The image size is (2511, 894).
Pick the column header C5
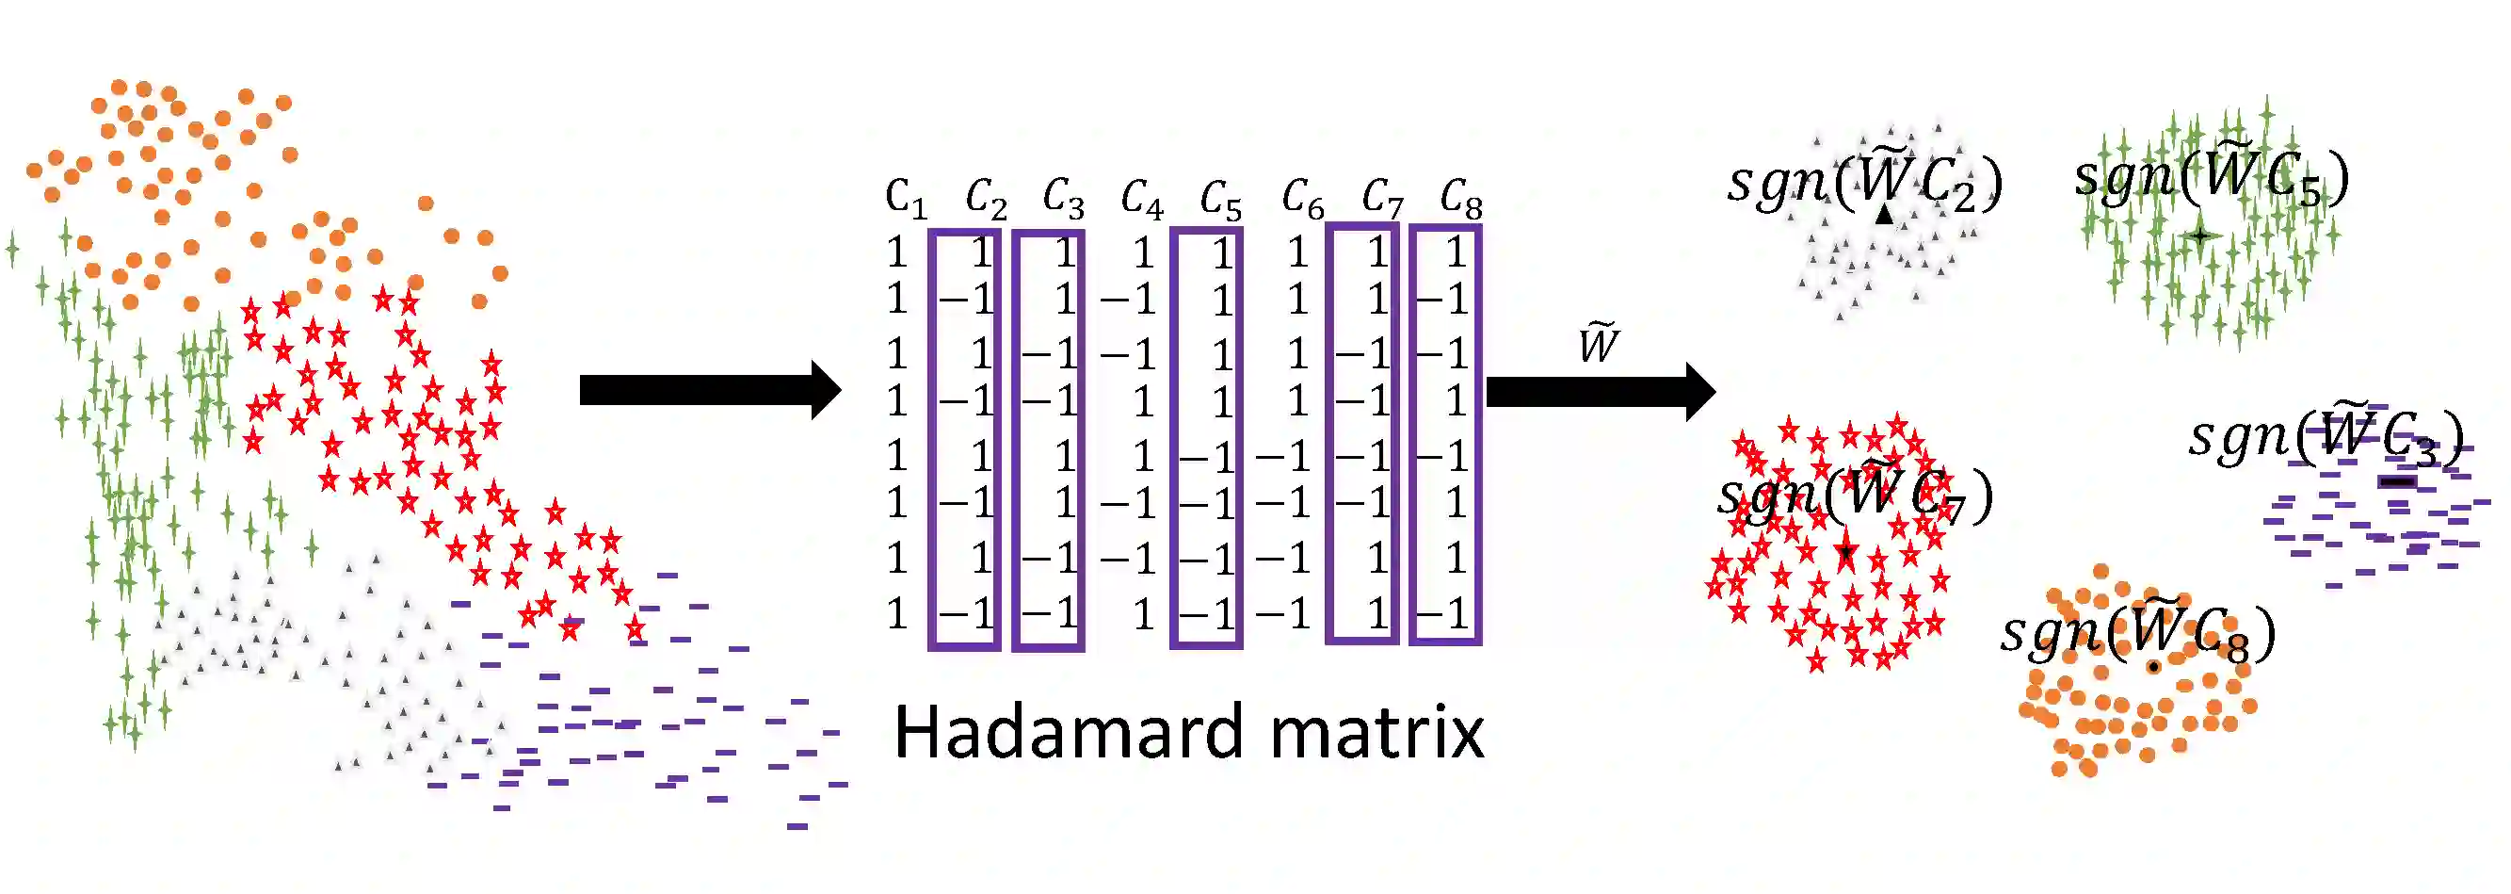[x=1220, y=200]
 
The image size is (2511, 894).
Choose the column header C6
[x=1302, y=200]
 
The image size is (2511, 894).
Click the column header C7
[x=1382, y=200]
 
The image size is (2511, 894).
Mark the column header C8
[x=1461, y=200]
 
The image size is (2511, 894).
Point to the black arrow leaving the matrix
[x=1600, y=392]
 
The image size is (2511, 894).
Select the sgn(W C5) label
[x=2211, y=177]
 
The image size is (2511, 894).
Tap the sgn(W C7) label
[x=1854, y=496]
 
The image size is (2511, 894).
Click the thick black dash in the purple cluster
[x=2397, y=481]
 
